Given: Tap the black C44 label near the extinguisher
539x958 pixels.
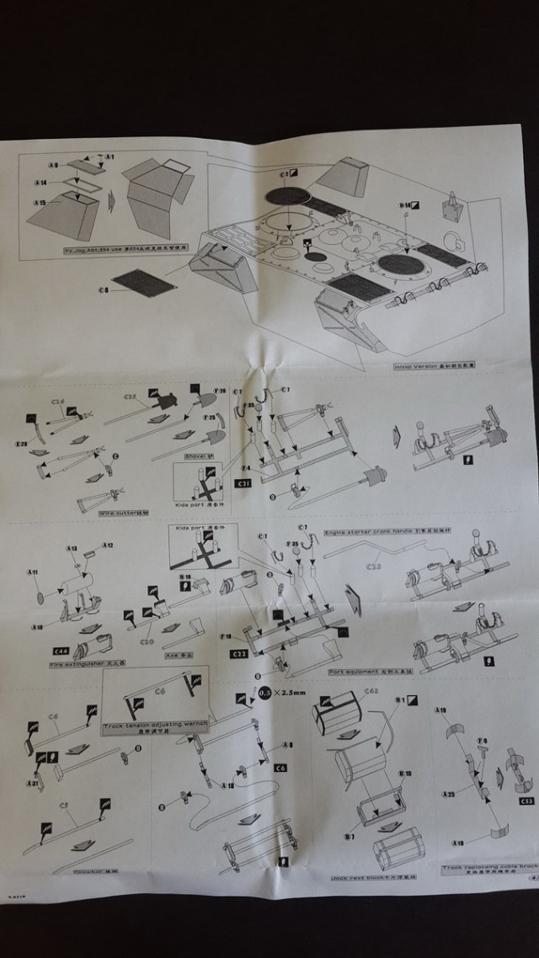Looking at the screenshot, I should pos(61,651).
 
